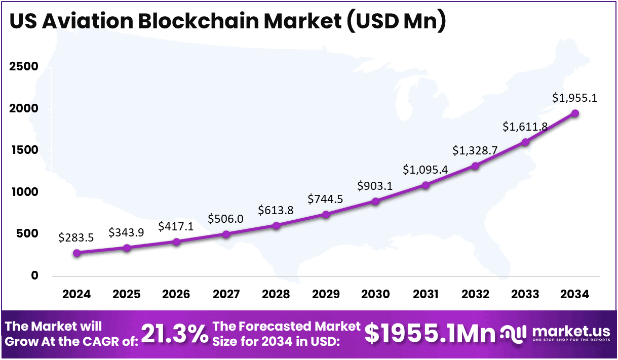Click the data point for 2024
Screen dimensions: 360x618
pyautogui.click(x=76, y=253)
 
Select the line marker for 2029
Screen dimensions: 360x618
pyautogui.click(x=326, y=214)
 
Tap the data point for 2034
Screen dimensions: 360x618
pyautogui.click(x=575, y=113)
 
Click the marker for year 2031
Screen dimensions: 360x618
pyautogui.click(x=426, y=185)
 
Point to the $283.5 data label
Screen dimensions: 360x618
pyautogui.click(x=76, y=237)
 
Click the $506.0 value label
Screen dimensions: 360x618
pyautogui.click(x=226, y=219)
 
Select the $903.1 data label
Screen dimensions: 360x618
pyautogui.click(x=375, y=186)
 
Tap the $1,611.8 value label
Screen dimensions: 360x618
pyautogui.click(x=525, y=127)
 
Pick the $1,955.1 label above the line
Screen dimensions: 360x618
pyautogui.click(x=575, y=98)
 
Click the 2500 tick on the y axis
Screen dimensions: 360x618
pyautogui.click(x=24, y=67)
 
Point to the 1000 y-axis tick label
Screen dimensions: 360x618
pyautogui.click(x=24, y=192)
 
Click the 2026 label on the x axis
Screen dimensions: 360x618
pyautogui.click(x=176, y=295)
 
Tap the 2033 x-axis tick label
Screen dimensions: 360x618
pyautogui.click(x=525, y=295)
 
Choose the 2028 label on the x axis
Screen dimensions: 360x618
pyautogui.click(x=276, y=295)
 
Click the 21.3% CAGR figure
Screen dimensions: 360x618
pyautogui.click(x=174, y=334)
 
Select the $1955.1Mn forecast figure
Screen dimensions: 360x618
pyautogui.click(x=430, y=333)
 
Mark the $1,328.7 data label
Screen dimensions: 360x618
pyautogui.click(x=475, y=150)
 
